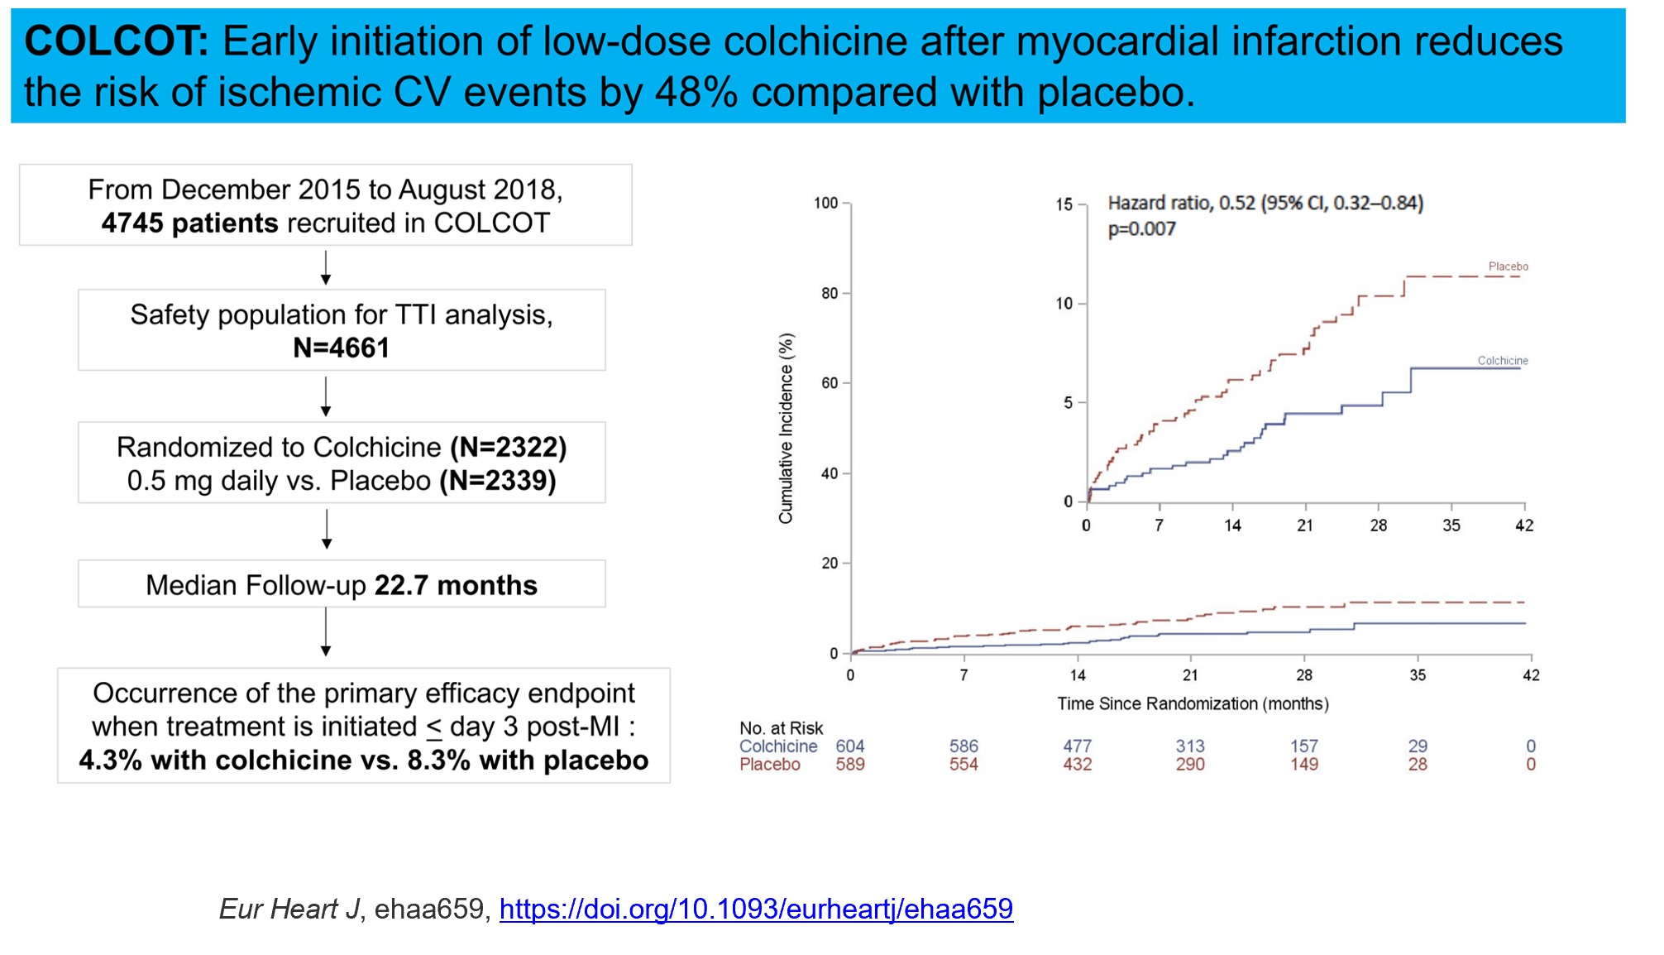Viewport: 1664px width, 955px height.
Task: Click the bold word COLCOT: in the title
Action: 117,41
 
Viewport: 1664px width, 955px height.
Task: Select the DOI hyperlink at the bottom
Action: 756,909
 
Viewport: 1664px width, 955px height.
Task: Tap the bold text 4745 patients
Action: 189,223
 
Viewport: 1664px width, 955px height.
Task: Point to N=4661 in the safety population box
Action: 341,348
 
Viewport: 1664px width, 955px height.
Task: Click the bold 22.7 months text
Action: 456,586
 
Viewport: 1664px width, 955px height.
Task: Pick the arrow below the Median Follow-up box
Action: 326,633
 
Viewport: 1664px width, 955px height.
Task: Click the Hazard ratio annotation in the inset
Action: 1265,204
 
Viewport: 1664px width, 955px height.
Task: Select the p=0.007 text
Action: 1141,229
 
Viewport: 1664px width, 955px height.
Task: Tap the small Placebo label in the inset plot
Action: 1508,266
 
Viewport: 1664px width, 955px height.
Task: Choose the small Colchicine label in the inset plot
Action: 1502,361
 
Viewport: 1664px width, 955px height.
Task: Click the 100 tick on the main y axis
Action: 825,204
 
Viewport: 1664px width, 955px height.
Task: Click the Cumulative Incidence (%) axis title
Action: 786,428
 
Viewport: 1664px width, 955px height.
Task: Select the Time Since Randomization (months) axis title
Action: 1193,704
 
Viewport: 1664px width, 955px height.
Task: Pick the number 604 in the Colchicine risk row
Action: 850,746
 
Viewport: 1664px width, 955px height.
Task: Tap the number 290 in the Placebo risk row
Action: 1190,765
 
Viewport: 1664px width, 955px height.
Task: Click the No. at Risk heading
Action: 781,728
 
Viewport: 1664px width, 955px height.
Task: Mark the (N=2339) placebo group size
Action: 498,481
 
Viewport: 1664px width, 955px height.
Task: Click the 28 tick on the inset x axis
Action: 1379,525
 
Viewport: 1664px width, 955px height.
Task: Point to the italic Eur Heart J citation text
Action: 289,909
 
